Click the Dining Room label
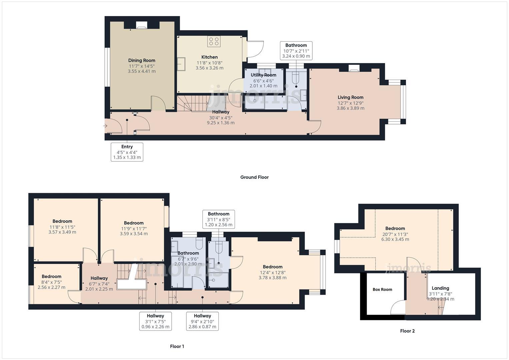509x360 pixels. click(x=142, y=60)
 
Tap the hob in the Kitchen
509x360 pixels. click(x=214, y=41)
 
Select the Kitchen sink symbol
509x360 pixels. click(x=181, y=64)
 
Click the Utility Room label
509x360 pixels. click(x=263, y=75)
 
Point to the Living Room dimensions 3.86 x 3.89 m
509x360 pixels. click(x=350, y=108)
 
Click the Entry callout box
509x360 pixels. click(x=127, y=152)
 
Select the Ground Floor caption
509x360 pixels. click(x=254, y=177)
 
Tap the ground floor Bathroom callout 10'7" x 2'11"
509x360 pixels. click(x=296, y=51)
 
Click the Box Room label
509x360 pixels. click(x=382, y=289)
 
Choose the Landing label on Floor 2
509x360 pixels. click(x=440, y=288)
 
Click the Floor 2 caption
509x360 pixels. click(x=407, y=331)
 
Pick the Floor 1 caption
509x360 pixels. click(x=177, y=346)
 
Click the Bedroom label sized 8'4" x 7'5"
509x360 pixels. click(x=52, y=276)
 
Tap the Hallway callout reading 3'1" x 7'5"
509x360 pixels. click(x=155, y=321)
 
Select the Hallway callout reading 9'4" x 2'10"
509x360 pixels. click(x=202, y=321)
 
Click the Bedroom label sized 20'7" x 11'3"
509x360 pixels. click(x=395, y=228)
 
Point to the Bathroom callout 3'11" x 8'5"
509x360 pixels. click(x=219, y=219)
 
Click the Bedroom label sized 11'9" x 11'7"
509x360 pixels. click(x=134, y=223)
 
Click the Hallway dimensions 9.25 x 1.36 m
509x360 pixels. click(x=221, y=123)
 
